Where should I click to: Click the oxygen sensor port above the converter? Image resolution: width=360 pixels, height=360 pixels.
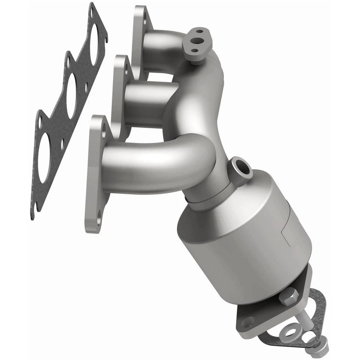[240, 171]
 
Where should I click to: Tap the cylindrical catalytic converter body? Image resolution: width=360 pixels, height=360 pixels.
[244, 240]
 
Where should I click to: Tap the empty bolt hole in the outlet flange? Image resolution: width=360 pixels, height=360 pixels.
[247, 322]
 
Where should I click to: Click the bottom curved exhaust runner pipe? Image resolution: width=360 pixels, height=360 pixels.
[157, 165]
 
